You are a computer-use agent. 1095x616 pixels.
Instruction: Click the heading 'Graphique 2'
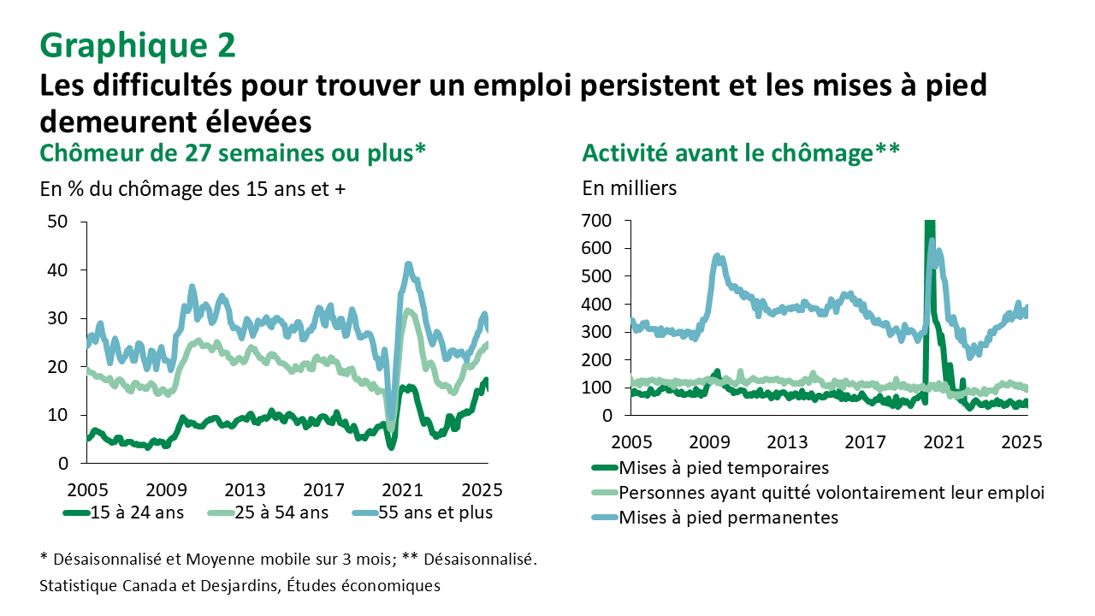click(x=138, y=46)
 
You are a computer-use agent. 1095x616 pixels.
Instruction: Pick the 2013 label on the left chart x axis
click(x=245, y=490)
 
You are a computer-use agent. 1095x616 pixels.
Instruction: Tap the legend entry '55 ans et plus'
click(x=435, y=512)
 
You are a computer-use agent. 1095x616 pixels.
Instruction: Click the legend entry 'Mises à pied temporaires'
click(x=723, y=468)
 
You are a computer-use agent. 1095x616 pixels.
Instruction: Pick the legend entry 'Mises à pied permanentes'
click(x=727, y=517)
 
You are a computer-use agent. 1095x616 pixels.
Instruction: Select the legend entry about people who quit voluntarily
click(x=831, y=493)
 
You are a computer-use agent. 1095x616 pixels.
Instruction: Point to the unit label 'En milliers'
click(x=629, y=188)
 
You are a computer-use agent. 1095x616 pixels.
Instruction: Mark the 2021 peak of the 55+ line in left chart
click(x=408, y=264)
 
